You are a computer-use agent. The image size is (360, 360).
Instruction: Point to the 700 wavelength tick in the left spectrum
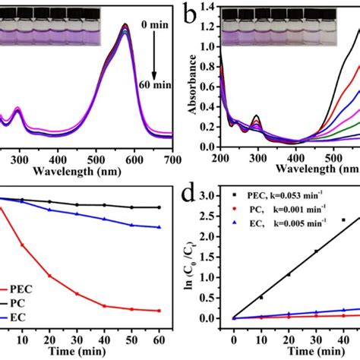[172, 161]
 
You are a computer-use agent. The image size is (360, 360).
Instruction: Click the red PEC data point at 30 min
[77, 293]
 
